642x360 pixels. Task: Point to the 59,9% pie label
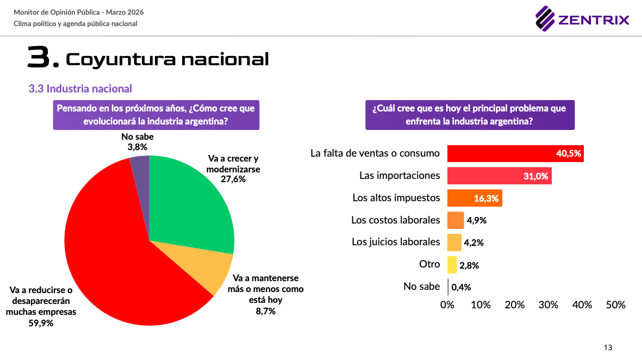coord(41,323)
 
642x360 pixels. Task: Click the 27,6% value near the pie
coord(233,179)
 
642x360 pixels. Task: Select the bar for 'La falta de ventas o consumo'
coord(515,154)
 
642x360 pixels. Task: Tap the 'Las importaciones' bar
coord(499,176)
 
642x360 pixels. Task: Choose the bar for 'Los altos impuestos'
coord(474,198)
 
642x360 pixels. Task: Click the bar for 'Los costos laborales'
coord(456,220)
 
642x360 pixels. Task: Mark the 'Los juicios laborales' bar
coord(454,243)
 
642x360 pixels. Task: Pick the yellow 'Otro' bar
coord(452,265)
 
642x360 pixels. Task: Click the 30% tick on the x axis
coord(548,305)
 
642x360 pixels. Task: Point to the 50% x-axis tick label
coord(615,305)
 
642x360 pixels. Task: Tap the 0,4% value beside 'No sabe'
coord(461,287)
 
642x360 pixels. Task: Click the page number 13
coord(608,347)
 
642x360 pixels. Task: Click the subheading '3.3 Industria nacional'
coord(80,89)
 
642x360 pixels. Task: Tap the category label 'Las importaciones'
coord(400,176)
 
